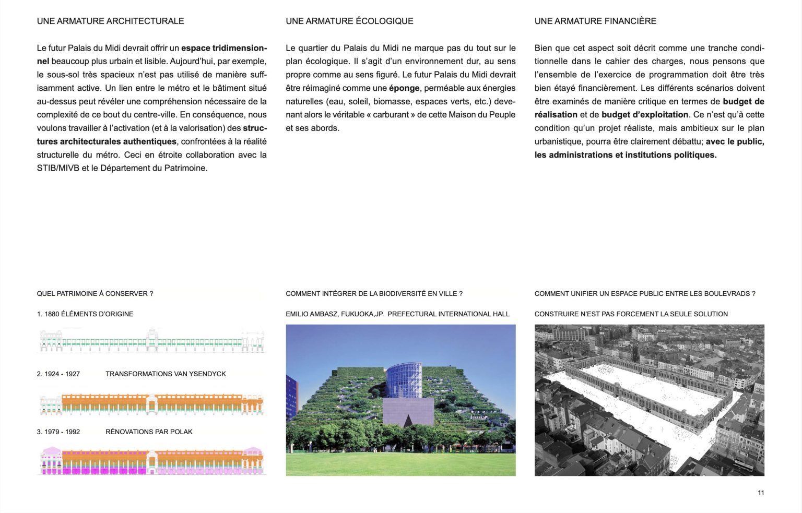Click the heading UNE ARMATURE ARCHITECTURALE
110,21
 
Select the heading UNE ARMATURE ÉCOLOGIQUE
349,21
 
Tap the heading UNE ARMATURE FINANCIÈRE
595,21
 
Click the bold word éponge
404,88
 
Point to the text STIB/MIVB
58,168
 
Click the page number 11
761,493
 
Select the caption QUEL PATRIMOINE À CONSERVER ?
95,294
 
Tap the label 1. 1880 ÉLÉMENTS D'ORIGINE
85,314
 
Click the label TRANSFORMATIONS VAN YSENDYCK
166,374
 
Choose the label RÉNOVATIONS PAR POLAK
149,432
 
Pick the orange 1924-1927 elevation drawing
152,404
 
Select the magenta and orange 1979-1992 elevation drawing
152,460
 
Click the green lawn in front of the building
400,463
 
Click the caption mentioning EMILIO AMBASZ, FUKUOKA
397,314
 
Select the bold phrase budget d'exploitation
645,115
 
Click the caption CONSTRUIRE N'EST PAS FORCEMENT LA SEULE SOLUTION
631,314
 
